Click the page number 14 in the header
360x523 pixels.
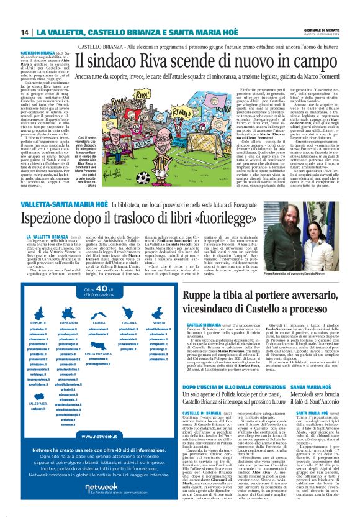pos(25,32)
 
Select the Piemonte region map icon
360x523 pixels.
pos(38,313)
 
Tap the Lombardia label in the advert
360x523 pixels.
pos(69,322)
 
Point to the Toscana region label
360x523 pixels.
pos(128,322)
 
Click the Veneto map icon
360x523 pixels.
pos(158,313)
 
